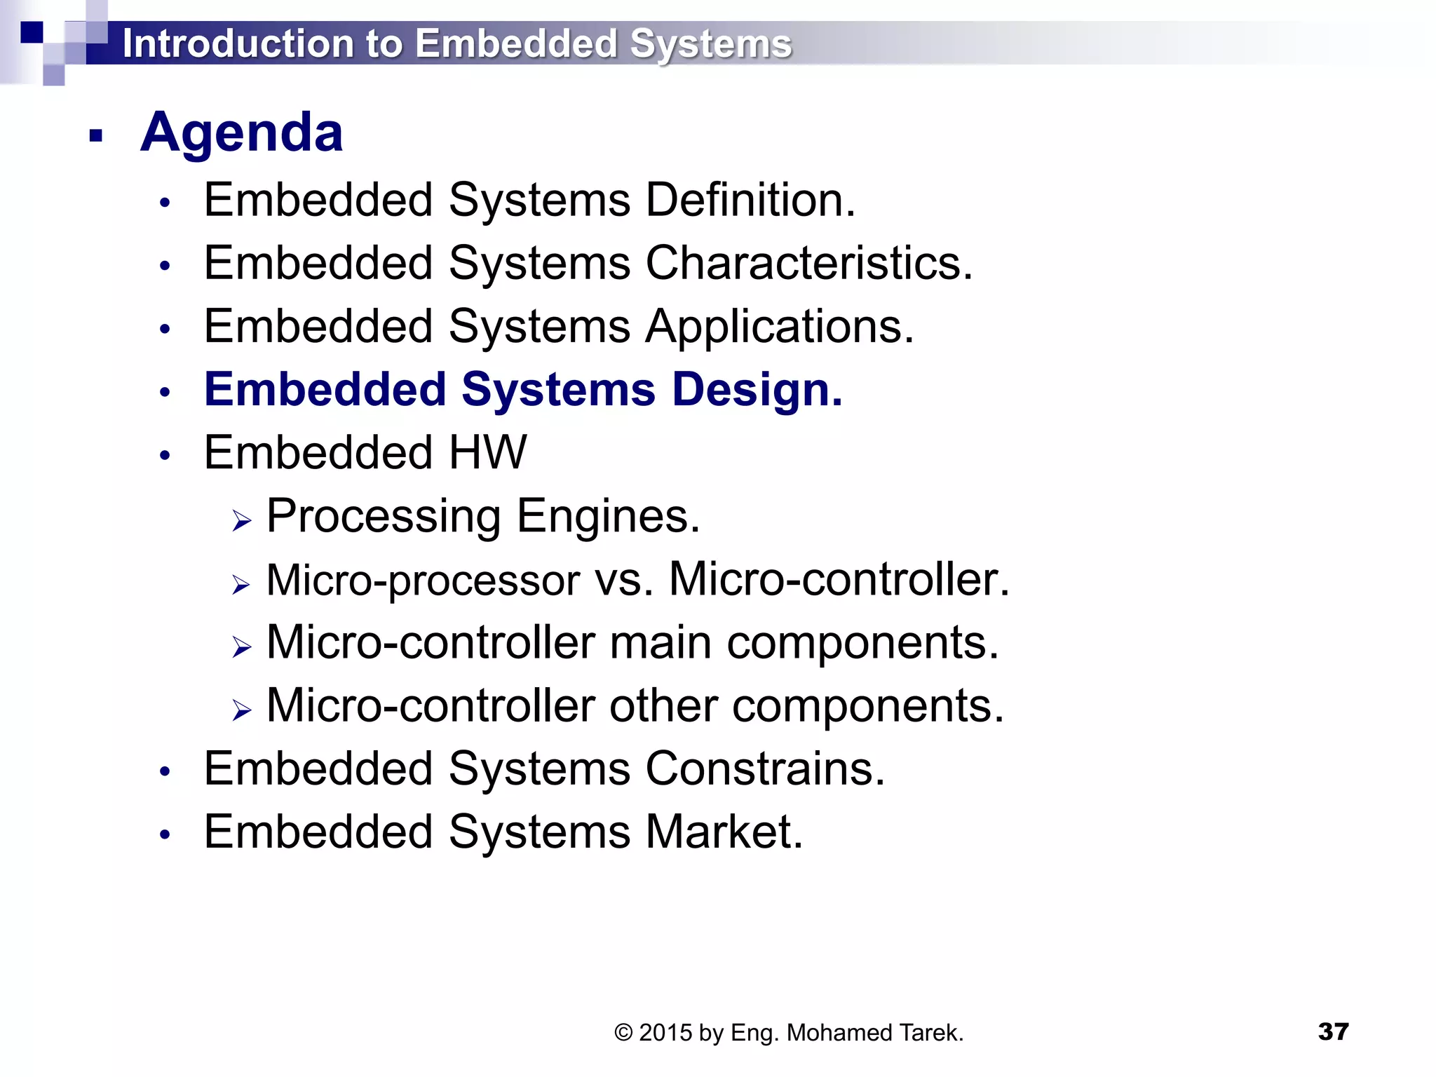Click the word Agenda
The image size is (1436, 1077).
click(242, 133)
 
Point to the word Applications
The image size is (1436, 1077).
click(780, 327)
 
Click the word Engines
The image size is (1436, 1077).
click(608, 516)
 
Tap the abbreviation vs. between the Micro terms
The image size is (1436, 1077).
click(624, 581)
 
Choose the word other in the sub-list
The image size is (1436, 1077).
click(663, 706)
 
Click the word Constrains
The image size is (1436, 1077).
click(765, 768)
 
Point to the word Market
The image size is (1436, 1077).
click(724, 832)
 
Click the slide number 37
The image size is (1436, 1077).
click(1333, 1031)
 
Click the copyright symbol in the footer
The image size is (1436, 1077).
click(623, 1033)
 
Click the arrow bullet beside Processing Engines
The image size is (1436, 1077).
click(241, 521)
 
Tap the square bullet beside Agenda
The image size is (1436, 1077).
click(96, 135)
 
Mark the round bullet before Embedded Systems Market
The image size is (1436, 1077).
click(165, 834)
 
